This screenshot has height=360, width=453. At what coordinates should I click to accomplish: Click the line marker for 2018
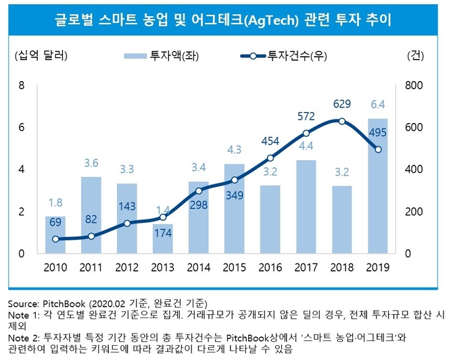[342, 122]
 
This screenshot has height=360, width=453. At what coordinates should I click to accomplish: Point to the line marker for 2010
[55, 239]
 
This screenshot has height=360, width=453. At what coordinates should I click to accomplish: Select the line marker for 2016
[270, 158]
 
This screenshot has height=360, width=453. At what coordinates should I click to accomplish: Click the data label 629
[342, 103]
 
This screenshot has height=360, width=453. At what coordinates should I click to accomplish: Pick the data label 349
[235, 196]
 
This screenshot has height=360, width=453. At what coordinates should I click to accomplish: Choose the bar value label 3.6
[91, 162]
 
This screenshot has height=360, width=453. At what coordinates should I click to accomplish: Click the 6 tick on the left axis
[22, 127]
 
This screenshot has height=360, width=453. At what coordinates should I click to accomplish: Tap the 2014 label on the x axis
[199, 267]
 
